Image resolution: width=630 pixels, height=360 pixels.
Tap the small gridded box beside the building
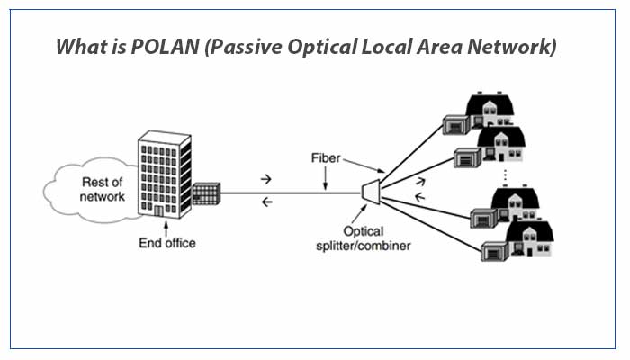coord(206,194)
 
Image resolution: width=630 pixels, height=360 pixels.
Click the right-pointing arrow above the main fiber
coord(265,180)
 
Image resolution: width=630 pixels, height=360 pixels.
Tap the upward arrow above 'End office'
coord(165,228)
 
